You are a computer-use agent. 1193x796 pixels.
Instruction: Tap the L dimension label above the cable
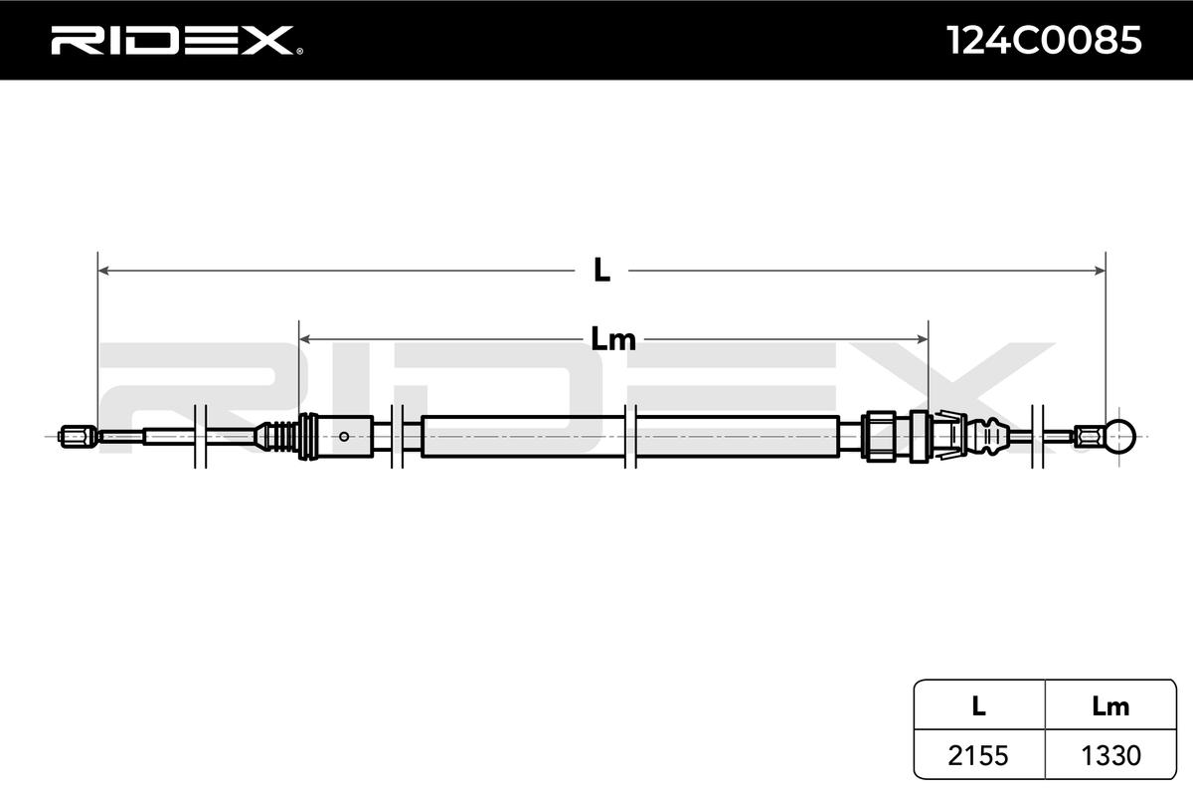(600, 270)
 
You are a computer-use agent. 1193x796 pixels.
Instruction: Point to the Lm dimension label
(612, 340)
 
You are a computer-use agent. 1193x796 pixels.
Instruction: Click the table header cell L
(978, 706)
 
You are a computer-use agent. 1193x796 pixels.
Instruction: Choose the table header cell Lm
(1109, 706)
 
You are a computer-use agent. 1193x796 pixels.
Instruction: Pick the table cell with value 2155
(978, 755)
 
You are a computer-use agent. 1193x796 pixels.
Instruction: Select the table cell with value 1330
(1109, 755)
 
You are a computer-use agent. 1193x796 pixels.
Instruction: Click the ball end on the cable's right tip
(1120, 435)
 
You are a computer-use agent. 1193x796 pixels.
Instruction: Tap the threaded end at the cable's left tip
(77, 435)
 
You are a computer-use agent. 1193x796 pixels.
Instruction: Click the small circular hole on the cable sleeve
(344, 435)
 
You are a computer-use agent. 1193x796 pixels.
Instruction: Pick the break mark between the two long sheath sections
(628, 436)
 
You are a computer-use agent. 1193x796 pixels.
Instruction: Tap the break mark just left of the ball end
(1039, 435)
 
